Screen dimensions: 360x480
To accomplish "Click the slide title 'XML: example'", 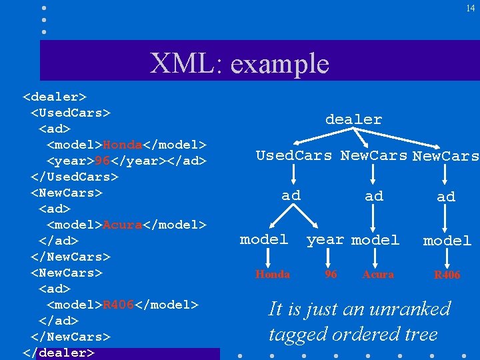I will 239,64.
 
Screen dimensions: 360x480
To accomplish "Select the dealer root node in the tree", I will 353,120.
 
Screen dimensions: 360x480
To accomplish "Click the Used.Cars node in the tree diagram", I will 293,155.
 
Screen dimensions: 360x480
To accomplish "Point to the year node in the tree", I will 325,239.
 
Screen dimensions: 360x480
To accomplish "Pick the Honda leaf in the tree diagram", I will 273,275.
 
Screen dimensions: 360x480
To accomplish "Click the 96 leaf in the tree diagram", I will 331,275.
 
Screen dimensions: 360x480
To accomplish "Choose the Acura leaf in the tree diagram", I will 378,275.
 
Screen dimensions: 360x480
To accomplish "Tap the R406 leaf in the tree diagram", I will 447,275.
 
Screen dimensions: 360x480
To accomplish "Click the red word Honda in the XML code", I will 123,145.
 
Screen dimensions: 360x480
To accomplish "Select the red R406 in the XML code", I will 119,305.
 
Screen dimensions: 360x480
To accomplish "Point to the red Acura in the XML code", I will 123,225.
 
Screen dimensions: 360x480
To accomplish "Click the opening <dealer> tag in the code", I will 55,97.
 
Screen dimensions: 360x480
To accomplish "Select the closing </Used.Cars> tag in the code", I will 75,177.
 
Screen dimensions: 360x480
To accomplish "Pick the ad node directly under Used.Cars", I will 291,196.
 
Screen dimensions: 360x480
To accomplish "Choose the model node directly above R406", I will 447,240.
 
